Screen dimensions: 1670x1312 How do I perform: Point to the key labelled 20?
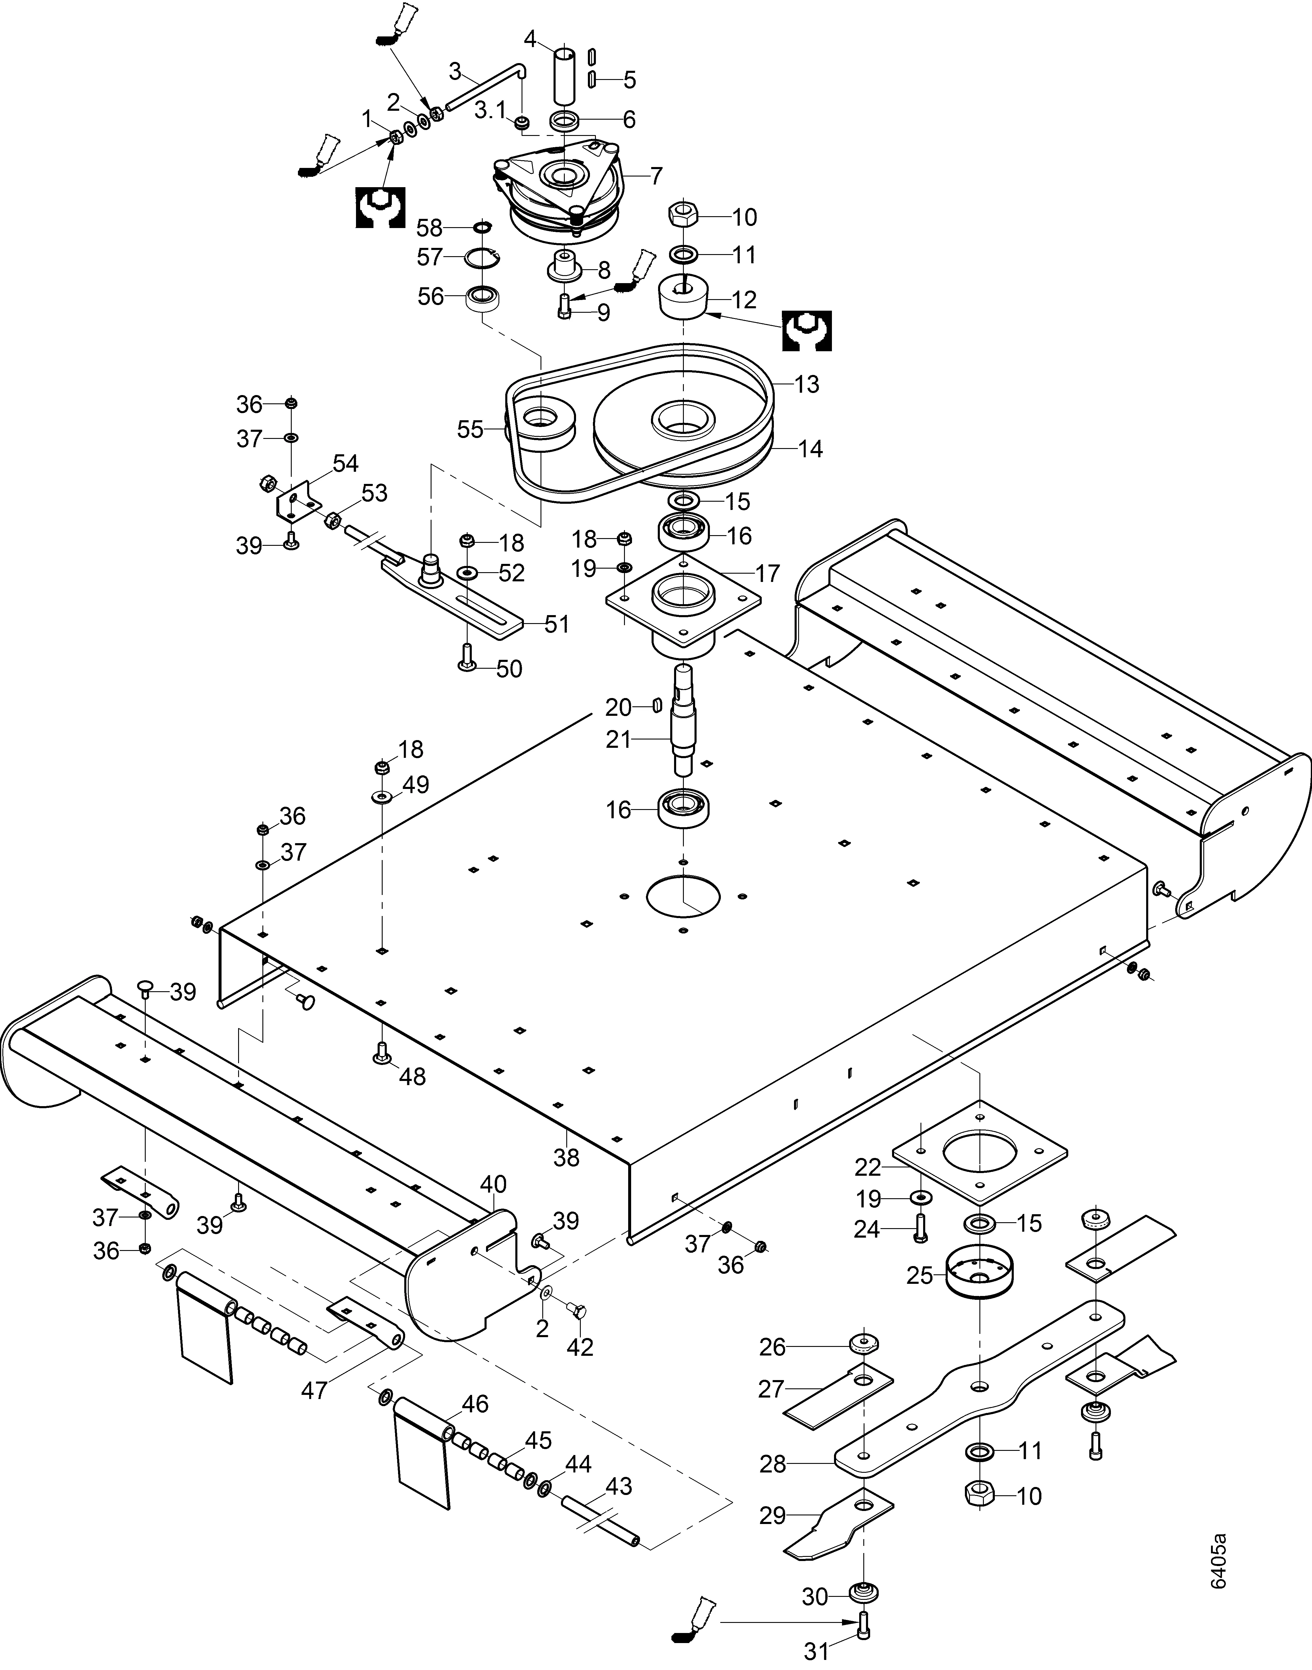click(x=657, y=705)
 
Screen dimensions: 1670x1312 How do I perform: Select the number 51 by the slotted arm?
click(x=557, y=624)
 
